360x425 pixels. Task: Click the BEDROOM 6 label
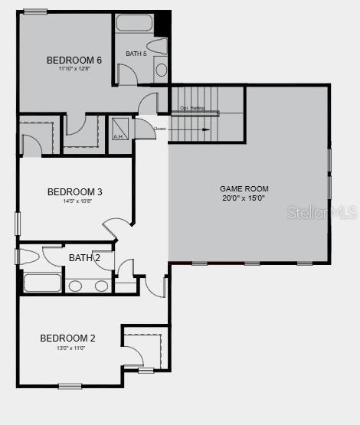(74, 60)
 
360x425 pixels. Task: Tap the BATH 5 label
(136, 54)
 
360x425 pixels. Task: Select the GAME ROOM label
(244, 188)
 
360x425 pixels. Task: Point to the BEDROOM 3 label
(75, 192)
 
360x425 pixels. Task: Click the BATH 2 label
(84, 258)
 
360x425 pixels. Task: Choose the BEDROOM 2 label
(68, 338)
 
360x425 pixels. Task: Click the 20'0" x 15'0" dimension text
(244, 198)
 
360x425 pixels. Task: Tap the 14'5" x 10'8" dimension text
(75, 201)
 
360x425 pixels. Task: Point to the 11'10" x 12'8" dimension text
(74, 69)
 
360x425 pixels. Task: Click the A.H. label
(119, 137)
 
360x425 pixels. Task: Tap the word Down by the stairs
(160, 129)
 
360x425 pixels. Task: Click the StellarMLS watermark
(322, 212)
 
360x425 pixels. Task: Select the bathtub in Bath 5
(136, 22)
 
